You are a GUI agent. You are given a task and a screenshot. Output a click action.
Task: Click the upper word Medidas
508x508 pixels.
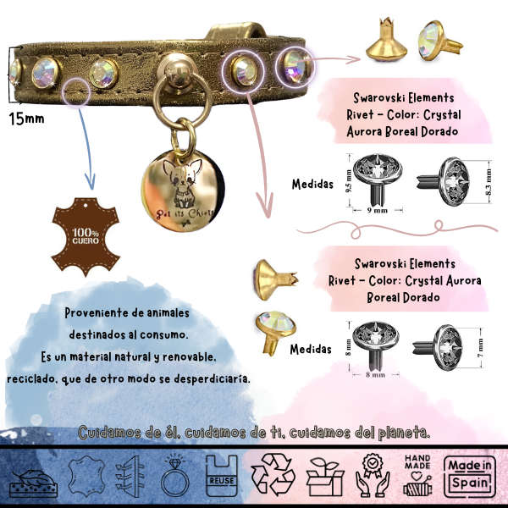pos(311,183)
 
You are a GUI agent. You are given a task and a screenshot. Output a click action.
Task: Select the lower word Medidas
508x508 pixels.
pos(311,348)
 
